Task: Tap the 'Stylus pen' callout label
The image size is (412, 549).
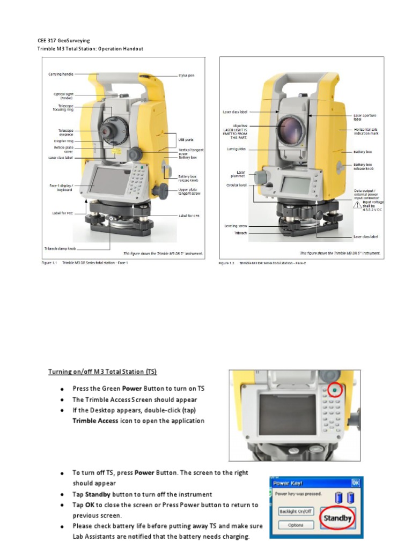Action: pyautogui.click(x=186, y=76)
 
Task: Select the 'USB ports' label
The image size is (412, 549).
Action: pyautogui.click(x=186, y=139)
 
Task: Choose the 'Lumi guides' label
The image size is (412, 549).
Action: pyautogui.click(x=236, y=149)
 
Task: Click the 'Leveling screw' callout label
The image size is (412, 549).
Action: pyautogui.click(x=236, y=226)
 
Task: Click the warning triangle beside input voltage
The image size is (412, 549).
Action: pyautogui.click(x=357, y=204)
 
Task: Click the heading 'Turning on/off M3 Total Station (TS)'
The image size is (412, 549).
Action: pyautogui.click(x=102, y=372)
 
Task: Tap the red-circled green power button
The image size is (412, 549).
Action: pyautogui.click(x=335, y=391)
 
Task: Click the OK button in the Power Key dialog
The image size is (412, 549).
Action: pyautogui.click(x=355, y=483)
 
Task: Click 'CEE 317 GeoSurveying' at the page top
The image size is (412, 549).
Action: pyautogui.click(x=63, y=40)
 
